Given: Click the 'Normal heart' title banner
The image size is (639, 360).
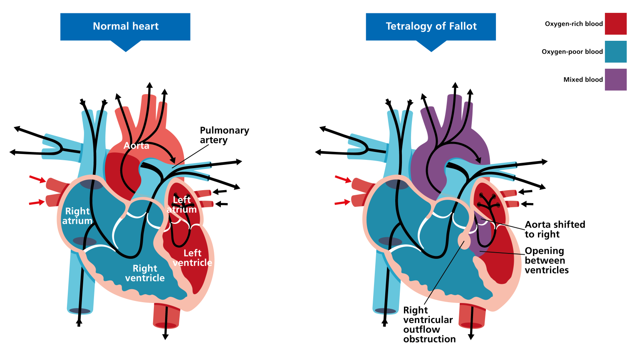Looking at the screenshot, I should [125, 27].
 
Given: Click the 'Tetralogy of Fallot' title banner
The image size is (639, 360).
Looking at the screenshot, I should [431, 27].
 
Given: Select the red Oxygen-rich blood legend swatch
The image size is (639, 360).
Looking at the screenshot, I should [615, 24].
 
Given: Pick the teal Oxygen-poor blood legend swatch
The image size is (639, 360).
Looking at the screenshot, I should [615, 52].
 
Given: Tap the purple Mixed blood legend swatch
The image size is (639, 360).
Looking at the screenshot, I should [615, 79].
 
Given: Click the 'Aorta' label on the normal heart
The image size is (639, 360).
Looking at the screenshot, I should [136, 146].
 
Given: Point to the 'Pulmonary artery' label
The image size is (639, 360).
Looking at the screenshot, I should [224, 135].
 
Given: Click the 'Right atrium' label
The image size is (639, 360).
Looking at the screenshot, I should [77, 216].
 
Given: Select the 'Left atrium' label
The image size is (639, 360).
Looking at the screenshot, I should [182, 205].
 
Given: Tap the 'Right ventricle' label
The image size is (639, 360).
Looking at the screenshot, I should [145, 273].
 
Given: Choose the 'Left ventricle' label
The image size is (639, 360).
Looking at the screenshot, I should [192, 258].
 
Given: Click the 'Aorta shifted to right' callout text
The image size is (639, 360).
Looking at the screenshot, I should [555, 229].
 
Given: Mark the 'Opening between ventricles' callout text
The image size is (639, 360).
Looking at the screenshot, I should [546, 261].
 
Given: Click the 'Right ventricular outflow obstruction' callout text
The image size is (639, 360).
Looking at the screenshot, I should [429, 325].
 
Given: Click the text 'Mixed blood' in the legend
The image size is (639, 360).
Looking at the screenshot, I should [583, 79].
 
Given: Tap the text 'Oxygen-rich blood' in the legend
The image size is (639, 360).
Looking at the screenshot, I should [574, 24].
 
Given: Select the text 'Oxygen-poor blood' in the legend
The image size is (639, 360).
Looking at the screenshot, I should [572, 52].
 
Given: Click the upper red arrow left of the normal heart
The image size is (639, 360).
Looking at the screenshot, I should [37, 179].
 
